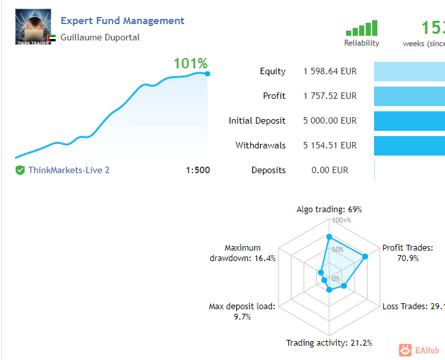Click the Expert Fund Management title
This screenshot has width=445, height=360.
click(x=122, y=21)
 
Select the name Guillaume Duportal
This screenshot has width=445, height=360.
click(x=100, y=37)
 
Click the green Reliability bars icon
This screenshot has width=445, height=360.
click(x=362, y=29)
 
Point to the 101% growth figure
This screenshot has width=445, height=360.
click(x=190, y=64)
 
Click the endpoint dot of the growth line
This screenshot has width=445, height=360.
click(x=208, y=74)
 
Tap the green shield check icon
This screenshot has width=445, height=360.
click(x=20, y=170)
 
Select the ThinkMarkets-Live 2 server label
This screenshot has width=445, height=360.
click(x=69, y=170)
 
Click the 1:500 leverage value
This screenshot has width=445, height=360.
click(x=198, y=170)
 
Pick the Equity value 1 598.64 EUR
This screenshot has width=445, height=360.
click(x=330, y=72)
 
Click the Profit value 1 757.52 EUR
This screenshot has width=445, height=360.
click(x=330, y=96)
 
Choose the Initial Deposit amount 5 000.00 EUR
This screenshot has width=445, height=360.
click(x=330, y=120)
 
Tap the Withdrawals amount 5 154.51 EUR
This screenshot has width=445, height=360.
click(x=330, y=145)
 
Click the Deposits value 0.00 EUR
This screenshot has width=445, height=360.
click(x=330, y=170)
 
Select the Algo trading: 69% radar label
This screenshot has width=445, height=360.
click(x=329, y=210)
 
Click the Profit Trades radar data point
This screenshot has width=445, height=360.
click(x=365, y=256)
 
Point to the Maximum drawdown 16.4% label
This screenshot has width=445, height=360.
click(x=243, y=253)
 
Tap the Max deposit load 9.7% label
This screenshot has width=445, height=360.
click(x=241, y=311)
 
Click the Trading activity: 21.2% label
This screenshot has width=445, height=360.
click(x=329, y=343)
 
